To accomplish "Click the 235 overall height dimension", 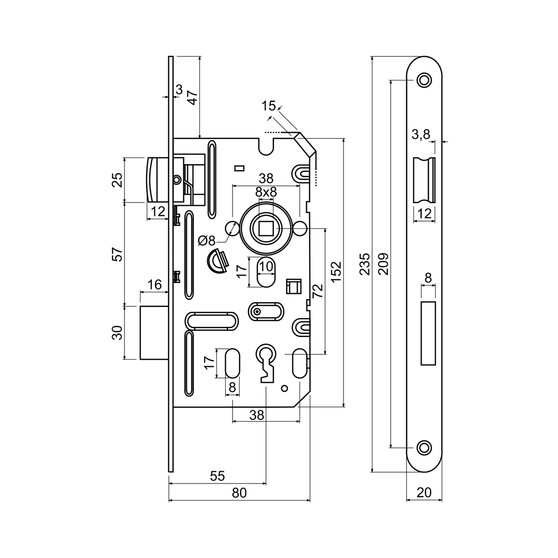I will [365, 264].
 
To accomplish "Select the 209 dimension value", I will [383, 264].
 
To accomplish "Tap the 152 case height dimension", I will [336, 272].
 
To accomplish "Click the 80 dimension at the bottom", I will [239, 493].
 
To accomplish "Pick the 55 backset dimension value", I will [218, 476].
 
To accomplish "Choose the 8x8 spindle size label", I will [266, 192].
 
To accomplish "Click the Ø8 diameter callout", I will [207, 241].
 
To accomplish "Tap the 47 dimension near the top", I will [192, 98].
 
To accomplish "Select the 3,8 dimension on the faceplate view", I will [421, 135].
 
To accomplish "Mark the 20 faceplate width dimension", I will [424, 492].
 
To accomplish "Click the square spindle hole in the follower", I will [266, 228].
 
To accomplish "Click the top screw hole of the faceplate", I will [424, 80].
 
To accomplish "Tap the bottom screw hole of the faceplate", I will [424, 447].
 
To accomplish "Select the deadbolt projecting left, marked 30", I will [154, 332].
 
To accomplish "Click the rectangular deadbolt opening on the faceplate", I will [428, 333].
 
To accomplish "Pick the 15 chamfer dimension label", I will [268, 106].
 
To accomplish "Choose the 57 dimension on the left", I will [118, 254].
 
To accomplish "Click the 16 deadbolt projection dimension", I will [154, 285].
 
